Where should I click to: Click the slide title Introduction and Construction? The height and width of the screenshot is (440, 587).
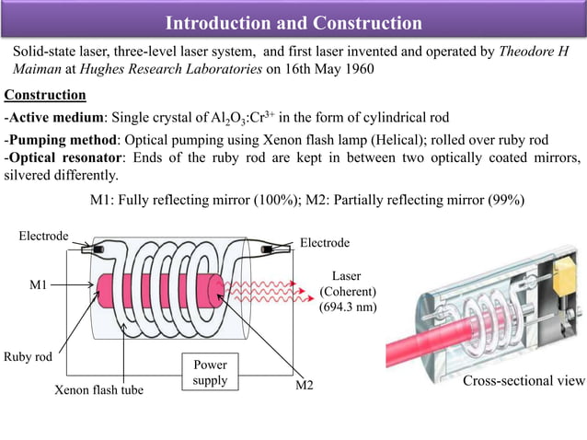tap(293, 22)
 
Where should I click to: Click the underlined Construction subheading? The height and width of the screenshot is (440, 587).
tap(46, 95)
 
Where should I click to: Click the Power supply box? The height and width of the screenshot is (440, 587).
tap(210, 372)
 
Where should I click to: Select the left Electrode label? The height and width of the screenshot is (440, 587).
tap(43, 237)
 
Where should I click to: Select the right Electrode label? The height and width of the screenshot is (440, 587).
tap(325, 243)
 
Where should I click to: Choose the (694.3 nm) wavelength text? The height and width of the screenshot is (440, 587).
tap(348, 308)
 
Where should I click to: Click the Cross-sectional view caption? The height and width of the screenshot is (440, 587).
tap(523, 382)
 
